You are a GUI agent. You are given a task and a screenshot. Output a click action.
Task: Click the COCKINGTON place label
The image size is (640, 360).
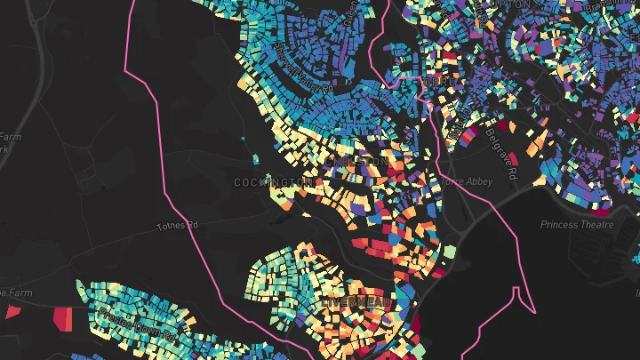pyautogui.click(x=273, y=182)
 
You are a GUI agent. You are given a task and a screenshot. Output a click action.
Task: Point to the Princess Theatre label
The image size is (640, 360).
pyautogui.click(x=577, y=225)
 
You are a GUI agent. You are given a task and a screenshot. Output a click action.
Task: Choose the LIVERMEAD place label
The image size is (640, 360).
pyautogui.click(x=356, y=303)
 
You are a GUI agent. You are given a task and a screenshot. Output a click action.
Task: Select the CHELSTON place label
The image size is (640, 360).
pyautogui.click(x=357, y=162)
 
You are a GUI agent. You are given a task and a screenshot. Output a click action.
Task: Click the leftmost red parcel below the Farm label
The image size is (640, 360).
pyautogui.click(x=12, y=311)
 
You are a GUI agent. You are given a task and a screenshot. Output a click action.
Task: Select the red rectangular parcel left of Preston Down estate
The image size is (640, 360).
pyautogui.click(x=63, y=317)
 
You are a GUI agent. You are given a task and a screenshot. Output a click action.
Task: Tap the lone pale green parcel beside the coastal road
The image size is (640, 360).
pyautogui.click(x=449, y=252)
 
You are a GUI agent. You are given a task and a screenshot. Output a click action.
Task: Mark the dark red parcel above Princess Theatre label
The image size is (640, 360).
pyautogui.click(x=601, y=212)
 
